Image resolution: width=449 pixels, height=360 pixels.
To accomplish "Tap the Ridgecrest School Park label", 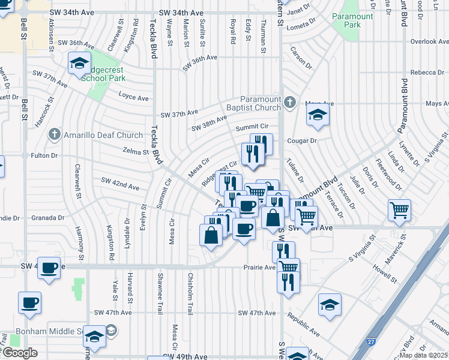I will (103, 73).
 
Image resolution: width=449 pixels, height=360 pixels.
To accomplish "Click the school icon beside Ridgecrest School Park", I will (79, 63).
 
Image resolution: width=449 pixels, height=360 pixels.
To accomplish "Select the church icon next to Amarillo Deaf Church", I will (55, 135).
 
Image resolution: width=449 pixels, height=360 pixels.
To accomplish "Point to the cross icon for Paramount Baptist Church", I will (290, 101).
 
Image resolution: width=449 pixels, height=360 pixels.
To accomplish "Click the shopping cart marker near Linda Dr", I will (399, 211).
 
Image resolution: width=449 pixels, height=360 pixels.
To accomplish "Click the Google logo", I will (20, 352).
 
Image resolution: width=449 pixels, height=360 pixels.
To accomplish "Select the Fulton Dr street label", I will (44, 155).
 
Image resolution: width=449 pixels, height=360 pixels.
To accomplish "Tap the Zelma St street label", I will (135, 152).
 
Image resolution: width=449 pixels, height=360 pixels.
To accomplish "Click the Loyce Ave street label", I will (133, 98).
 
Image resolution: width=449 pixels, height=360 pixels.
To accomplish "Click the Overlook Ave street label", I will (429, 41).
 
